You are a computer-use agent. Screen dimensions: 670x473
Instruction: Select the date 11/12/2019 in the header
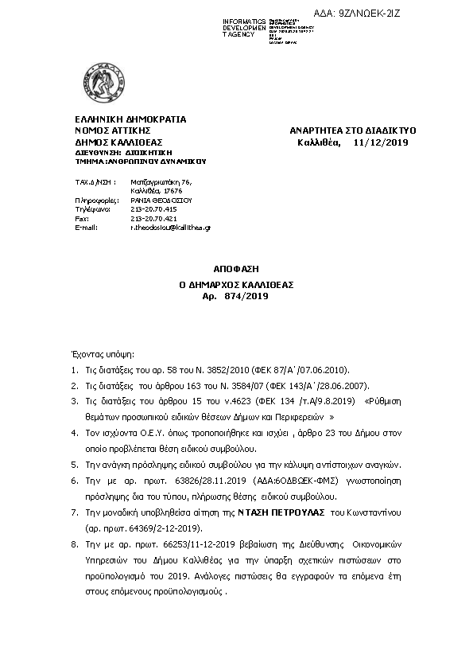[380, 142]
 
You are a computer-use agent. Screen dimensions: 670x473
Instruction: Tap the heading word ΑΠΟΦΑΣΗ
[236, 270]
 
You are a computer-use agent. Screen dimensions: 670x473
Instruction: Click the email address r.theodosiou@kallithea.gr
[170, 228]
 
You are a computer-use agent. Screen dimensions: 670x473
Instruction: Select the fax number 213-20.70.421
[153, 218]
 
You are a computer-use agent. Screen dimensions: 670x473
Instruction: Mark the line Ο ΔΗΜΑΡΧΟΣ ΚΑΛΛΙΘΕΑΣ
[236, 283]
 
